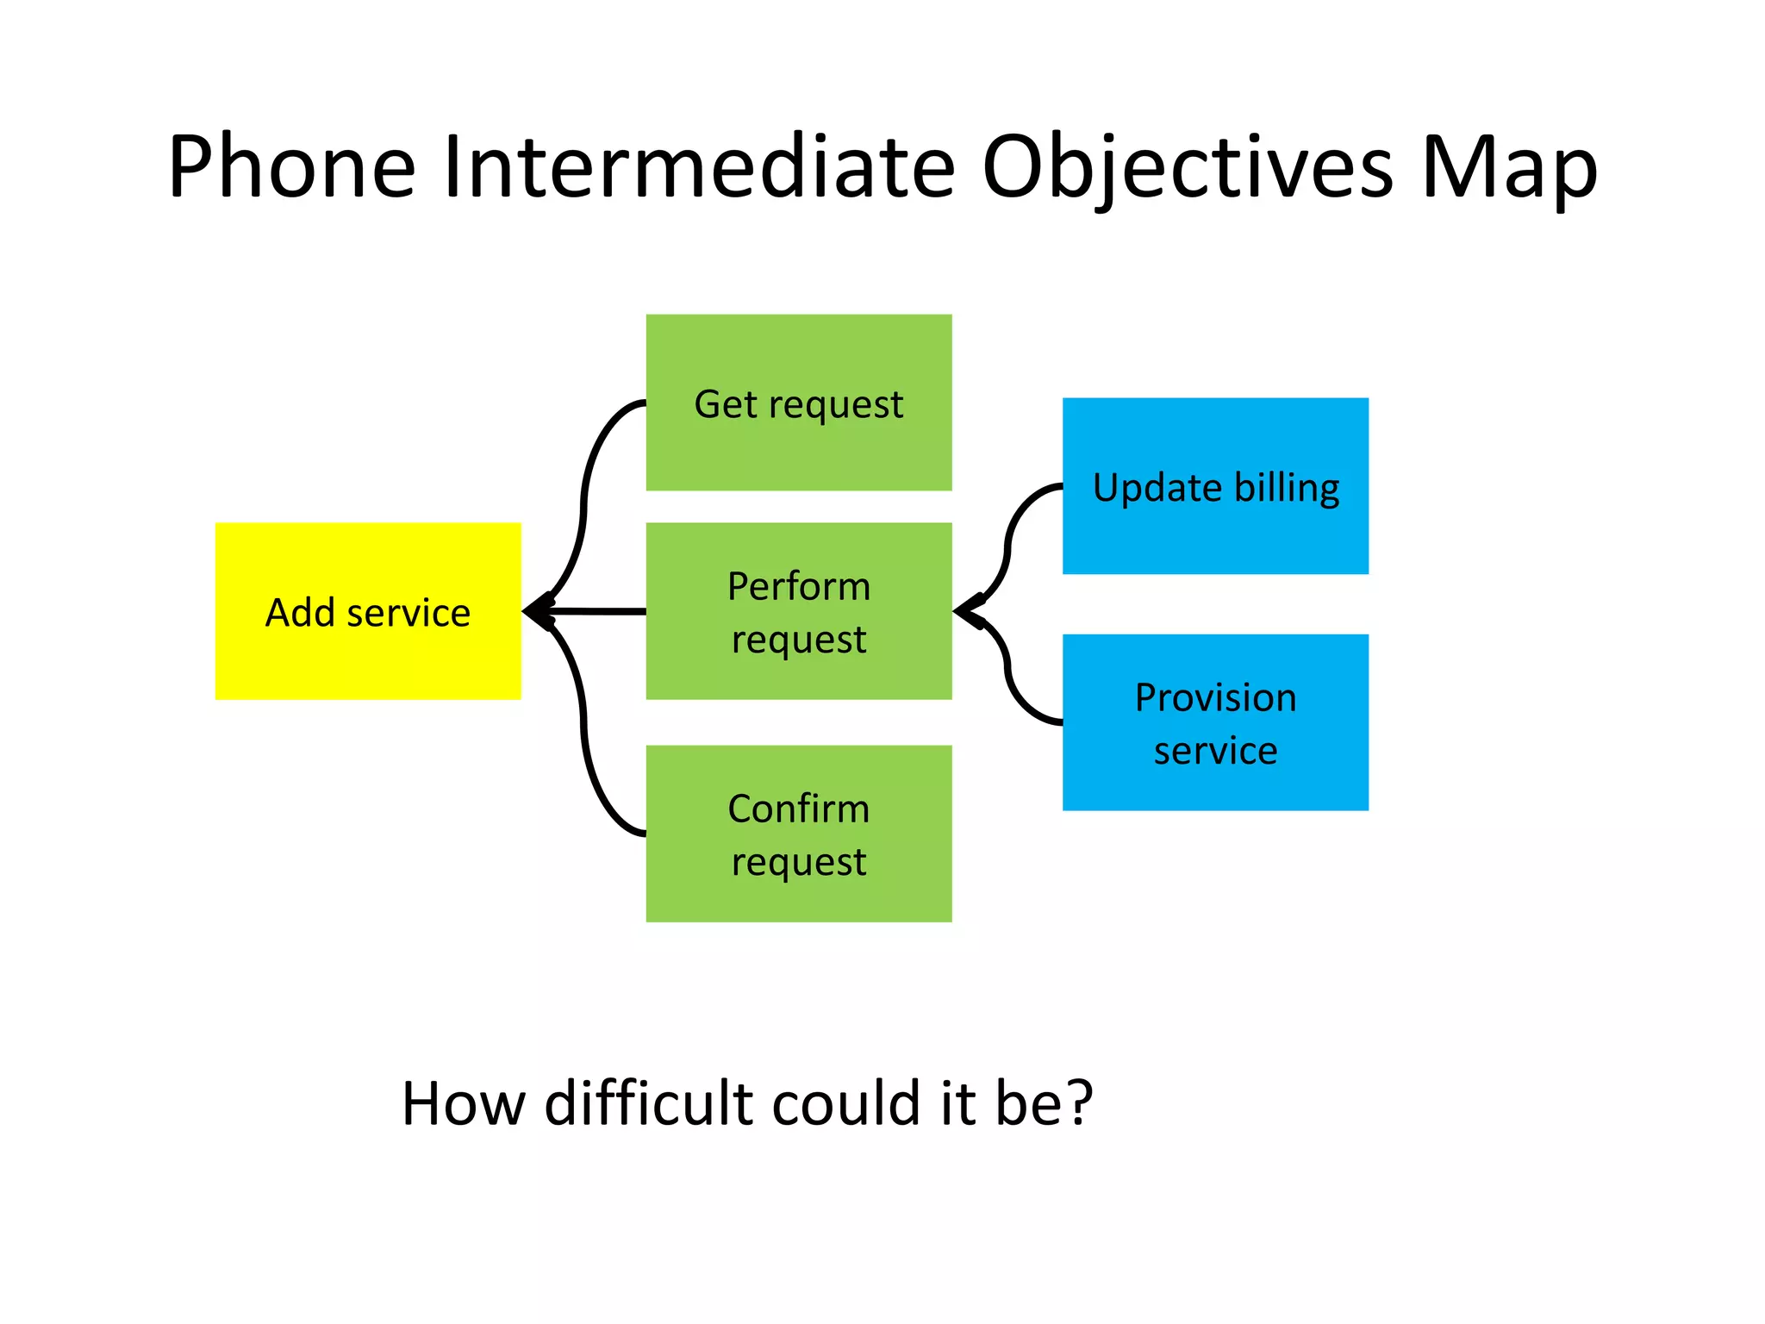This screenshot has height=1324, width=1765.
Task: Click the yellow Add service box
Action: (x=368, y=610)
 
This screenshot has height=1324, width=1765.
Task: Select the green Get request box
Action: (x=799, y=403)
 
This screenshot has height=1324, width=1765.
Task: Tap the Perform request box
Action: (x=799, y=610)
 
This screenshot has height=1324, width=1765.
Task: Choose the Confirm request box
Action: (x=799, y=834)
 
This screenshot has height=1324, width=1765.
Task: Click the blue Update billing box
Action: (x=1215, y=485)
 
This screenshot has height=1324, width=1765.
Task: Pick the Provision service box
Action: (x=1215, y=722)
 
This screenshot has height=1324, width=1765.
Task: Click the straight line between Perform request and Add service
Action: (x=603, y=611)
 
